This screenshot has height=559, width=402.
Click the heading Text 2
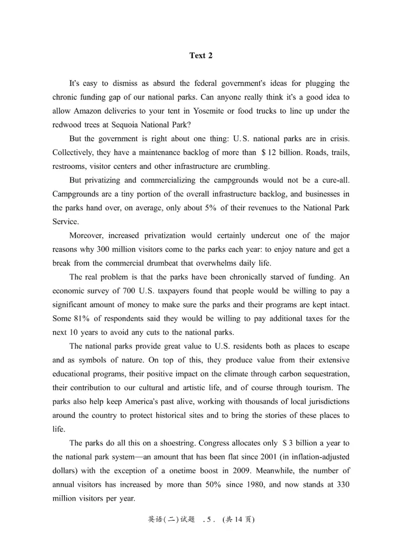(x=200, y=56)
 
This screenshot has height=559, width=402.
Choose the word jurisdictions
(x=324, y=402)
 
